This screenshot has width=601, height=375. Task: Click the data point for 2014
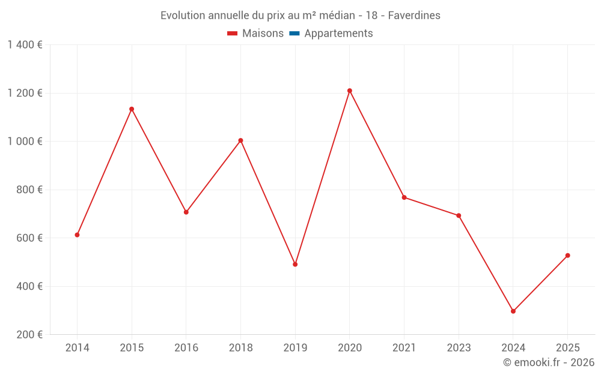coord(77,235)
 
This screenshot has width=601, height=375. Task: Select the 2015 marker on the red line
coord(132,109)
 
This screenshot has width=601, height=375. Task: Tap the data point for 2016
coord(186,212)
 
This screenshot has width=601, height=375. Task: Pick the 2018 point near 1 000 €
coord(240,140)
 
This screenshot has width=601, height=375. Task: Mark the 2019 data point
coord(295,264)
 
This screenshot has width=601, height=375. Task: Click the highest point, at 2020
coord(350,91)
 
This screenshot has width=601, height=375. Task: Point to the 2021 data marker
coord(404,197)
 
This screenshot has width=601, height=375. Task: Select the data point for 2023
coord(459,215)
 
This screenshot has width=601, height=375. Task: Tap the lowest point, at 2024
coord(513,311)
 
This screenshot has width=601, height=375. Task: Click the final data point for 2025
coord(567,256)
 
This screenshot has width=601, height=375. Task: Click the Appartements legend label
coord(338,34)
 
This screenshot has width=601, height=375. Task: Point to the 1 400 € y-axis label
coord(25,44)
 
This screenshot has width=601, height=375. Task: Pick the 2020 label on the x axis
coord(350,348)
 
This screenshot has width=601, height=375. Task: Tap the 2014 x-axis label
coord(77,348)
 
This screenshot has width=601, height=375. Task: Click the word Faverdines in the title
coord(414,16)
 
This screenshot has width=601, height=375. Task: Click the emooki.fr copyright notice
coord(548,362)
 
